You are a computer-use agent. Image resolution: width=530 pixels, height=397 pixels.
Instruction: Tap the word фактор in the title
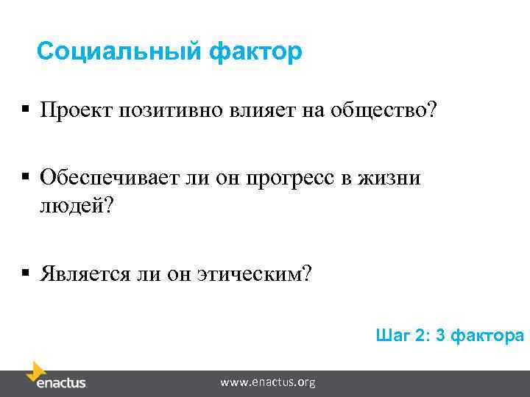click(x=255, y=52)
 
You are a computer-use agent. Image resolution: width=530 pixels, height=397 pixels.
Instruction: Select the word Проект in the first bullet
click(x=74, y=111)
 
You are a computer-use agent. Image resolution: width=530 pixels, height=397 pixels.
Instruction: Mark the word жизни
click(x=400, y=178)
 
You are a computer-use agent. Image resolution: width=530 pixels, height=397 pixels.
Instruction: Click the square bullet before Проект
click(x=25, y=110)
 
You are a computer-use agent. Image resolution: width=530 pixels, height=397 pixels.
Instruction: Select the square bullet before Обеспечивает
click(x=25, y=177)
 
